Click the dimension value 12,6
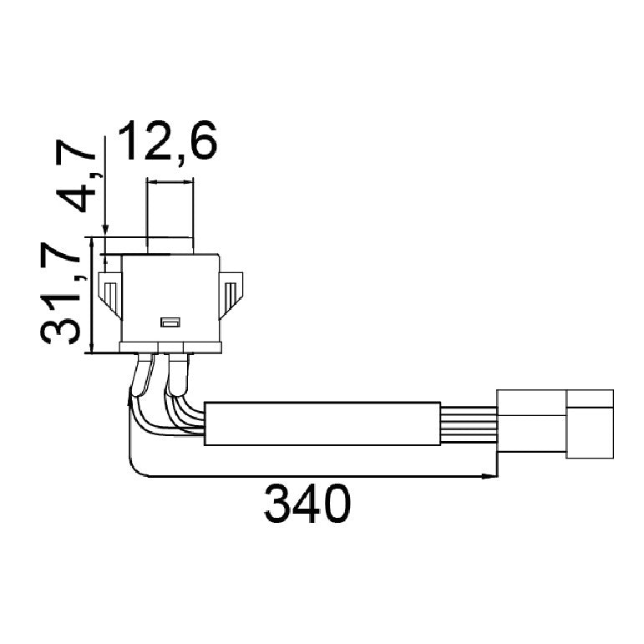point(167,141)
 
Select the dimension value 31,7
point(60,293)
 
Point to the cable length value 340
point(307,503)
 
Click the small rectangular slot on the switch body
point(170,322)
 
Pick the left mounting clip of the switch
point(110,295)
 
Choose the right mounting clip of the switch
point(231,295)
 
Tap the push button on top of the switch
point(170,246)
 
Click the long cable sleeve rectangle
point(322,423)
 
